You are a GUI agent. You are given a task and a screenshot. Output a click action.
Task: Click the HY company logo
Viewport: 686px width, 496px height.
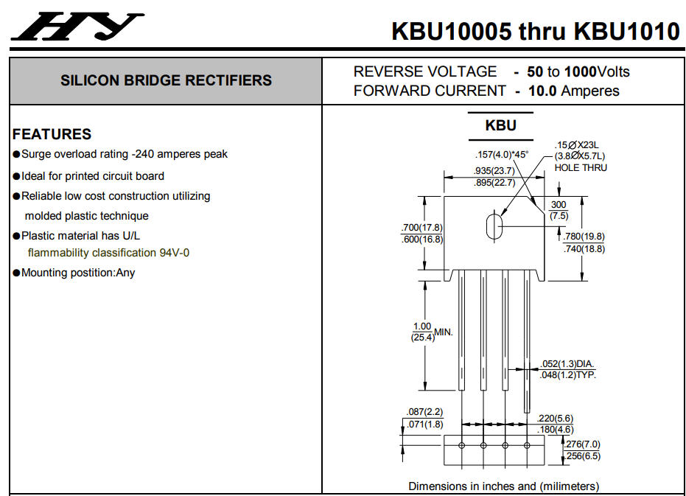click(x=78, y=27)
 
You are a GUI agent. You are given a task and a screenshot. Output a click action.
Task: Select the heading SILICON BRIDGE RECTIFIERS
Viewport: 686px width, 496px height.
click(x=166, y=80)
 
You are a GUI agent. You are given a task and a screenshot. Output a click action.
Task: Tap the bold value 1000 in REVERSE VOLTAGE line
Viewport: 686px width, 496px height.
click(x=580, y=72)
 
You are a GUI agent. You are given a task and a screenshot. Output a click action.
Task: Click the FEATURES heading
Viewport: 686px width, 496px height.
click(x=52, y=134)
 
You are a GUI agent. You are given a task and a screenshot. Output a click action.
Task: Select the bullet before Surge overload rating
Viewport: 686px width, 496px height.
click(x=16, y=155)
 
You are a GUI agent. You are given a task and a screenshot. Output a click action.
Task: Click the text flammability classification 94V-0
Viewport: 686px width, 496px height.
click(x=108, y=253)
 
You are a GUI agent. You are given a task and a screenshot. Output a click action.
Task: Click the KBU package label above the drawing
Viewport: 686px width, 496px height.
click(x=500, y=125)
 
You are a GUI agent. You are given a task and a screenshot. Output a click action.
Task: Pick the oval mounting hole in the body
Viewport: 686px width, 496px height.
click(x=494, y=226)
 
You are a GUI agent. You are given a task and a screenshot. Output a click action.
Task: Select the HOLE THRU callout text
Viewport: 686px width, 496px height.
click(x=581, y=168)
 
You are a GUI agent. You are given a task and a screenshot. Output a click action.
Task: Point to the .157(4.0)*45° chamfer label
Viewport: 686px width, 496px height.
click(x=502, y=155)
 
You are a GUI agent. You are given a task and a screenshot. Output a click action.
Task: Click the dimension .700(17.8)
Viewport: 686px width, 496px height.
click(x=421, y=227)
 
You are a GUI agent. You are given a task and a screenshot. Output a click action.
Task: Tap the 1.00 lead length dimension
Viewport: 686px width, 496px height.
click(x=421, y=326)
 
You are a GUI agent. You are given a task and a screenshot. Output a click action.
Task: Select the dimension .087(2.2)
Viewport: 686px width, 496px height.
click(x=424, y=412)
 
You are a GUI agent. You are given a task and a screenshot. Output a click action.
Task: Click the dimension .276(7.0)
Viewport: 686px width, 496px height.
click(x=581, y=444)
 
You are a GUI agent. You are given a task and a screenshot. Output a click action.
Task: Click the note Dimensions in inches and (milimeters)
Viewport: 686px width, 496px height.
click(x=504, y=486)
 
